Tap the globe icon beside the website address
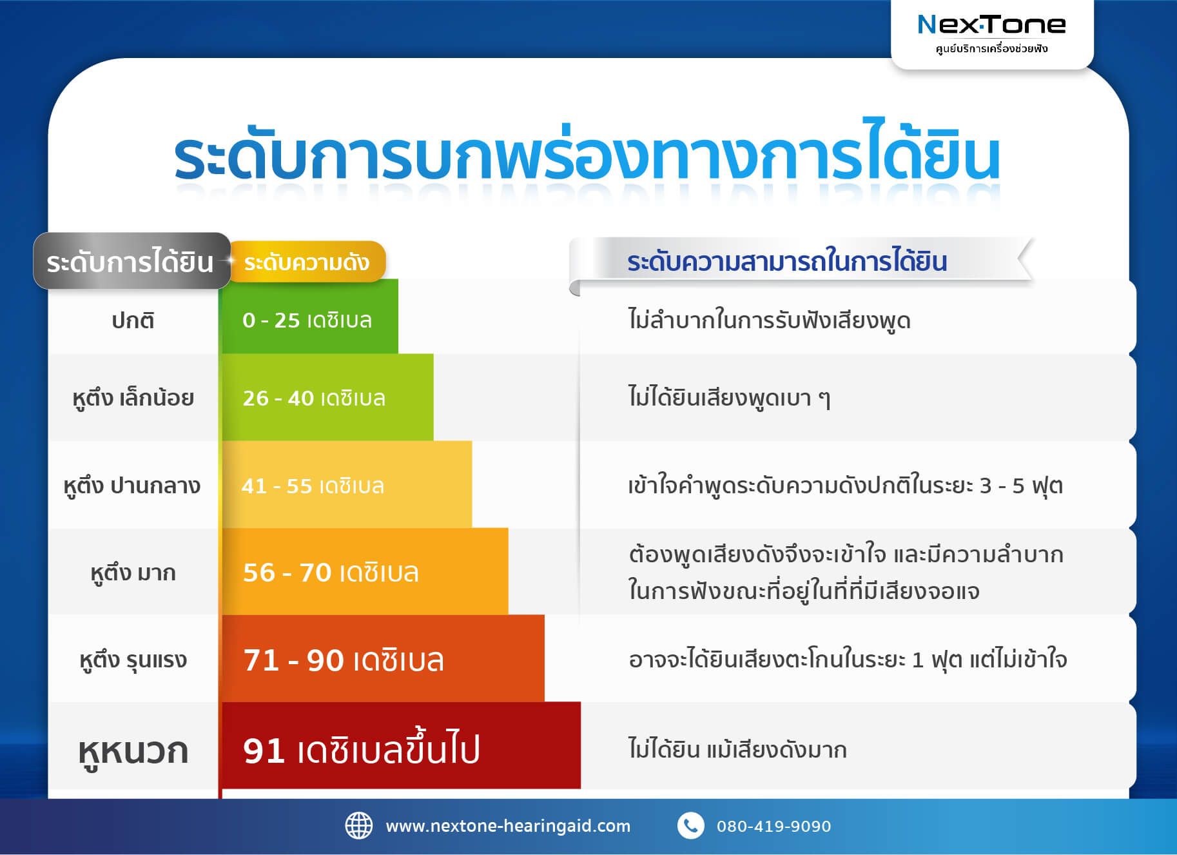coord(359,825)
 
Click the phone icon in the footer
coord(690,825)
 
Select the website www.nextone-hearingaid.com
coord(508,826)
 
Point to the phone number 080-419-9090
coord(773,826)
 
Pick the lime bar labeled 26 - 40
coord(327,398)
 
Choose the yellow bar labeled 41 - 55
coord(346,485)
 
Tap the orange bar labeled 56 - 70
coord(364,572)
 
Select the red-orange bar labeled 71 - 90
coord(383,659)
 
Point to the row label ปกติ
coord(133,320)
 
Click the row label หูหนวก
coord(133,751)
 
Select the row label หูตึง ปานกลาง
coord(132,485)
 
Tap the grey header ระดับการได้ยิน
coord(131,261)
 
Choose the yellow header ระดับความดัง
coord(307,262)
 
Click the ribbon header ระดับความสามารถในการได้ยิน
coord(786,261)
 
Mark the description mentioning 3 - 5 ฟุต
coord(845,485)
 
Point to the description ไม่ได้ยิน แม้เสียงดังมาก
coord(737,749)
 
